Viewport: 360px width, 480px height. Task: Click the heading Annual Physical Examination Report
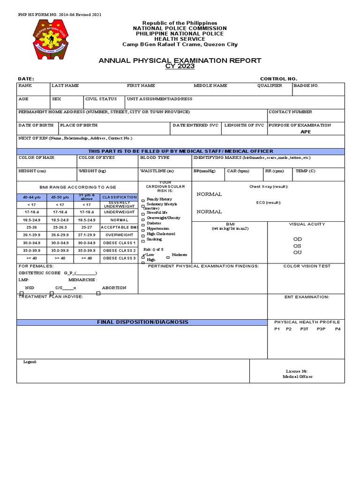coord(180,60)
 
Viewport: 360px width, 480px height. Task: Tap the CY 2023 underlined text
coord(180,67)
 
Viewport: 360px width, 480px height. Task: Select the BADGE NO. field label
coord(306,86)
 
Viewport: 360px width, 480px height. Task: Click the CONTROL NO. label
coord(278,79)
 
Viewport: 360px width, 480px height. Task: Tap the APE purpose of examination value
coord(306,132)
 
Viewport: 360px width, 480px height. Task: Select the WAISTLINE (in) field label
coord(157,171)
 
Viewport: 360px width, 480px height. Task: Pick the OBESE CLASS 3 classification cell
coord(119,258)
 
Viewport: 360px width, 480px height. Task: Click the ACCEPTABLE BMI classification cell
coord(119,227)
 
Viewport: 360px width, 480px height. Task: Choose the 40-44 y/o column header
coord(31,197)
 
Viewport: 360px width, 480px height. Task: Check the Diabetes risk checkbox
coord(143,225)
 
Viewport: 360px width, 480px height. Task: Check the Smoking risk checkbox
coord(143,240)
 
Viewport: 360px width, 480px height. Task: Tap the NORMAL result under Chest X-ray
coord(209,194)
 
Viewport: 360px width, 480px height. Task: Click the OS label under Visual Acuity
coord(297,246)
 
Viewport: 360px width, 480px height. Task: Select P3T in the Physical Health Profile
coord(304,329)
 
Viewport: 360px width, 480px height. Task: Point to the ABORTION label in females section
coord(114,288)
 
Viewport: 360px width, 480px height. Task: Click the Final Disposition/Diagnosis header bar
coord(142,322)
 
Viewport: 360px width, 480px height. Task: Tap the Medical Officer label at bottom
coord(297,376)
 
